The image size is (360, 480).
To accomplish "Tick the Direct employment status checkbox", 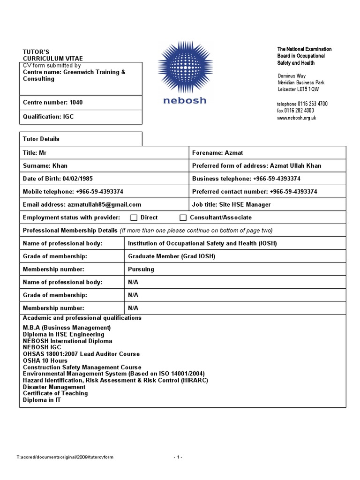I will point(134,217).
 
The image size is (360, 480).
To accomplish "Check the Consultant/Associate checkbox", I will point(183,217).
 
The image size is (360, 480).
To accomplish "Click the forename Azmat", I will point(234,153).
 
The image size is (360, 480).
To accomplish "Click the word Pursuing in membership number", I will point(141,270).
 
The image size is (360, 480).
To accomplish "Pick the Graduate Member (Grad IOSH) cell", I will point(172,256).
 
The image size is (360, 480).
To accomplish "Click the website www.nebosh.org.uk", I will point(296,118).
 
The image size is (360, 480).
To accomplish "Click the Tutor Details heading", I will point(41,139).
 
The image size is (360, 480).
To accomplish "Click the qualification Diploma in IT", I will point(42,400).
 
